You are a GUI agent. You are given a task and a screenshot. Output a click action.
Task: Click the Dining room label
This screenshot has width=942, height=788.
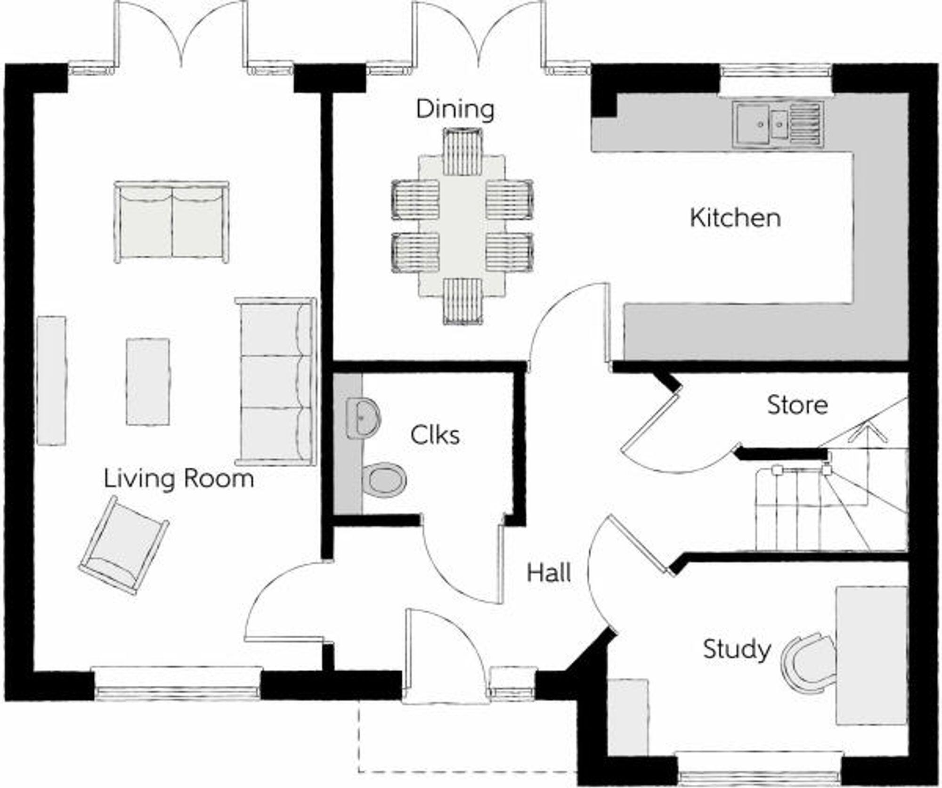pos(455,109)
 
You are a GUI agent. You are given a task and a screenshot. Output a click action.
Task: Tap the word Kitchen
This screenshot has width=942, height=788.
pos(735,218)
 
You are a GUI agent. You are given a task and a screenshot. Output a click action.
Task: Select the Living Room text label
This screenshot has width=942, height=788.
pos(179,479)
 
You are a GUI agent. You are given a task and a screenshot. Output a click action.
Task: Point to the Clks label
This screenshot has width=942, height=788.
pos(435,436)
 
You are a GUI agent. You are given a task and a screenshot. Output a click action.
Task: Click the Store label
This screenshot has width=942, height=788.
pos(797,406)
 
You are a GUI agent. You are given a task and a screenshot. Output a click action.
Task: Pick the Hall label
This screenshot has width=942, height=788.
pos(549,573)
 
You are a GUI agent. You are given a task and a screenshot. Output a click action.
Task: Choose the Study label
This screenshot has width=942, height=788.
pos(737,650)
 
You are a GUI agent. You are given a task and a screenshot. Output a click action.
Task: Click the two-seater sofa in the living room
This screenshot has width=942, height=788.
pos(171,222)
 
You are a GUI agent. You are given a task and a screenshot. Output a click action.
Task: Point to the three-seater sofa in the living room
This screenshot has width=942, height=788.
pos(276,382)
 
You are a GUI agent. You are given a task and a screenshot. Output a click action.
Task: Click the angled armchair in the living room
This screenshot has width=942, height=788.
pos(123,545)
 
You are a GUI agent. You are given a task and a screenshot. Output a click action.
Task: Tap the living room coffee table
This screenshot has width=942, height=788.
pos(147,382)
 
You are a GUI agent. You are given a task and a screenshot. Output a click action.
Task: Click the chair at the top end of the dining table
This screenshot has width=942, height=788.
pos(463,152)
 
